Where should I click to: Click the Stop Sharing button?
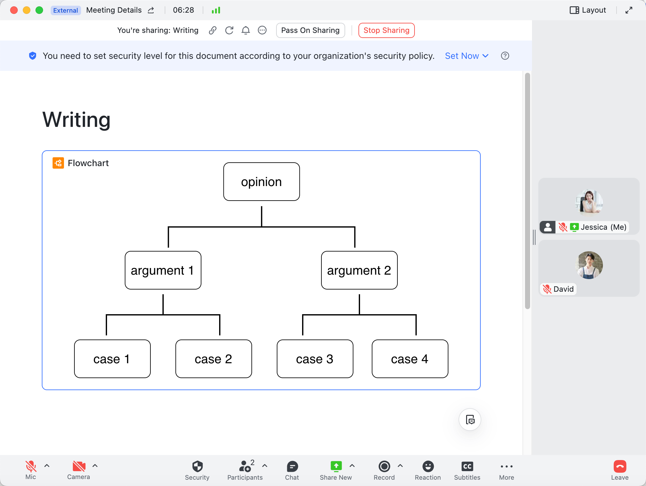(386, 30)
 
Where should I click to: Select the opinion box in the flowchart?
(262, 182)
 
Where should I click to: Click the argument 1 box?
(163, 270)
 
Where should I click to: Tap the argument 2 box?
(359, 270)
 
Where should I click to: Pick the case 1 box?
(112, 359)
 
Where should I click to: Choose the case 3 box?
(315, 359)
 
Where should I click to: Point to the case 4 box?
(410, 359)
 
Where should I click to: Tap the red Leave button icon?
(620, 466)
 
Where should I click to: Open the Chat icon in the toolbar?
(292, 466)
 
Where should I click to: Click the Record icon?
(384, 466)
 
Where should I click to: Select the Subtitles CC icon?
(467, 466)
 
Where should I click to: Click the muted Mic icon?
(31, 466)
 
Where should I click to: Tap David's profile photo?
(589, 265)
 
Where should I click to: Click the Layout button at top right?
(588, 10)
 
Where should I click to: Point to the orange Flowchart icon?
(58, 163)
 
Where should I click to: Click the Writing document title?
(76, 120)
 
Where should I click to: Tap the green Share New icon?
(336, 466)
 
